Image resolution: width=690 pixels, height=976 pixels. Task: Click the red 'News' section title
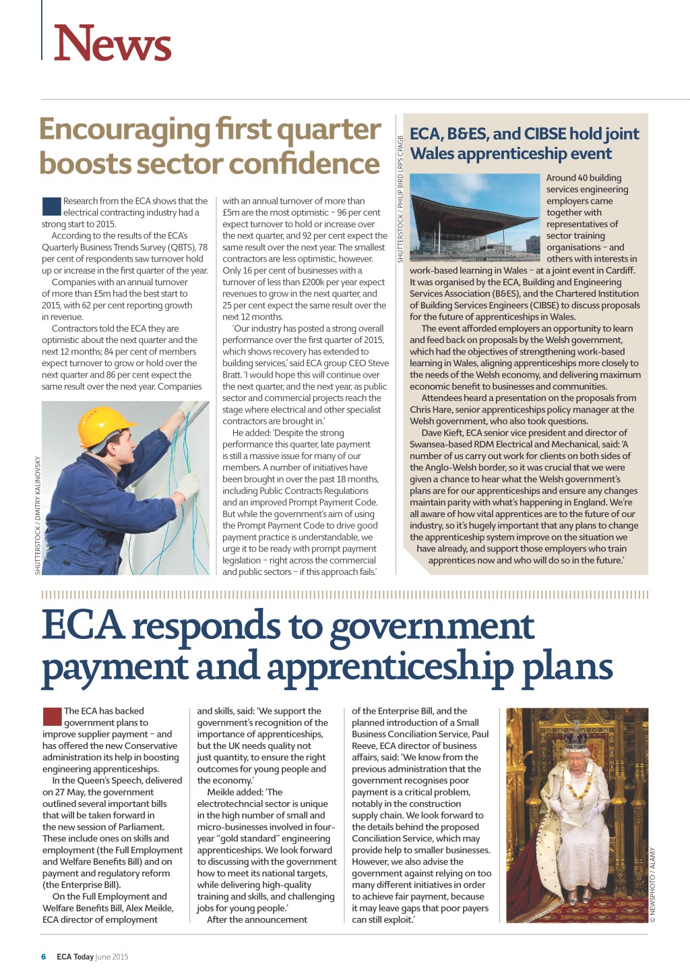[x=113, y=44]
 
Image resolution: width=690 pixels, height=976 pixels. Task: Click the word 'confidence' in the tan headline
[x=314, y=164]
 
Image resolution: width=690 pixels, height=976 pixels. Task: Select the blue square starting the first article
[x=51, y=206]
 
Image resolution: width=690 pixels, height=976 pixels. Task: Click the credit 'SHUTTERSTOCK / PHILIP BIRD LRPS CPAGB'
[x=400, y=199]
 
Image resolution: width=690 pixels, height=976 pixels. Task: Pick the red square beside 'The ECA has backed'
[x=52, y=716]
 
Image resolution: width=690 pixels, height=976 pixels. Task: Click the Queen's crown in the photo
[x=576, y=740]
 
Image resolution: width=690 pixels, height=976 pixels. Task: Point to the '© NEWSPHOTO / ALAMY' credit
[x=652, y=884]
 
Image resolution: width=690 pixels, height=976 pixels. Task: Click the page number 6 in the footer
[x=44, y=956]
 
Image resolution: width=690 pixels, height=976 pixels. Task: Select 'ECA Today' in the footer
[x=75, y=956]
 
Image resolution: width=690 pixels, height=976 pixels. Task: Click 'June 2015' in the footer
[x=112, y=956]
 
